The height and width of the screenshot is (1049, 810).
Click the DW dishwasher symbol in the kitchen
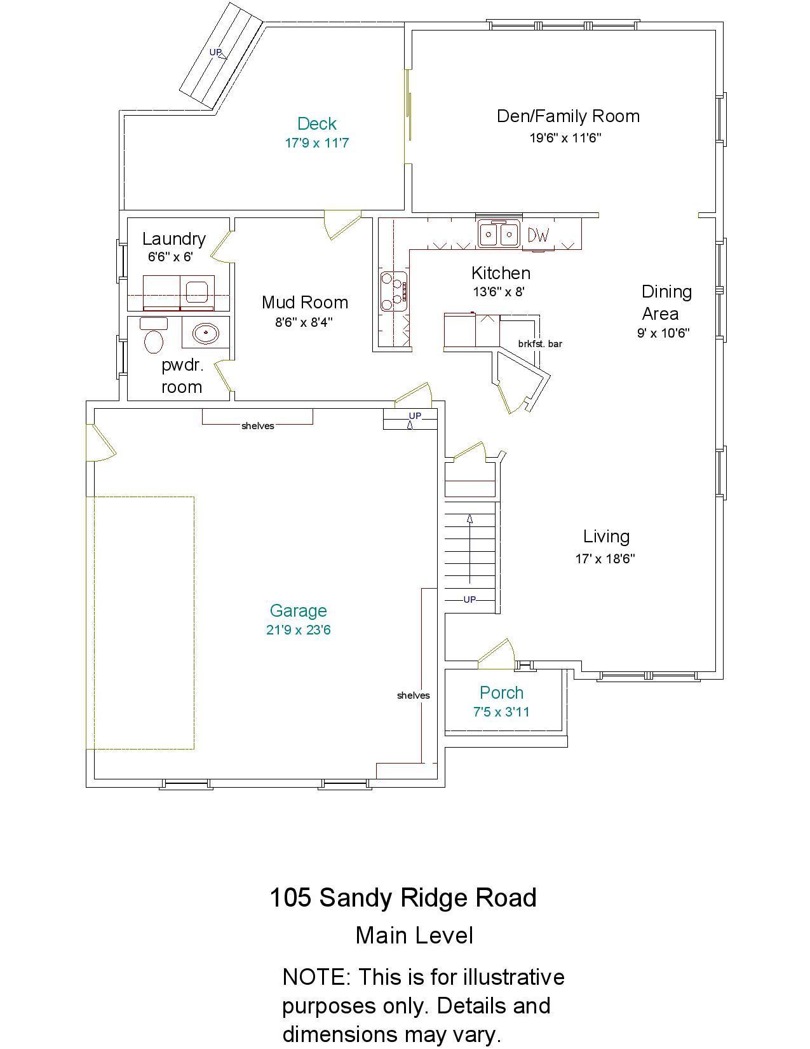pyautogui.click(x=538, y=235)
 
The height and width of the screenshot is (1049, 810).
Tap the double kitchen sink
pyautogui.click(x=499, y=234)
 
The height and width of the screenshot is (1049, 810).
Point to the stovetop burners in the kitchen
pyautogui.click(x=393, y=291)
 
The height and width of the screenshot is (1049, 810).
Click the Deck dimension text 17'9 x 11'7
pyautogui.click(x=316, y=143)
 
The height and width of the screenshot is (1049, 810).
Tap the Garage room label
pyautogui.click(x=298, y=610)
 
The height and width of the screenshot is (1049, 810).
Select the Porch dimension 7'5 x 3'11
pyautogui.click(x=501, y=712)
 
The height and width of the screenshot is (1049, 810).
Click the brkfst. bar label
pyautogui.click(x=540, y=344)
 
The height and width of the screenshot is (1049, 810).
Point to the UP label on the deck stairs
pyautogui.click(x=216, y=52)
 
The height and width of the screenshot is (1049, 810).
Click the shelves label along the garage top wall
pyautogui.click(x=257, y=426)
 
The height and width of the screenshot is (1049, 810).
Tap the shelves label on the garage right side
pyautogui.click(x=413, y=696)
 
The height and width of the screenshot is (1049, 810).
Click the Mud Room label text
pyautogui.click(x=305, y=302)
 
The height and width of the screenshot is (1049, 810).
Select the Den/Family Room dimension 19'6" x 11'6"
pyautogui.click(x=565, y=138)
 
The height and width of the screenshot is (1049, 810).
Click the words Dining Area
pyautogui.click(x=666, y=302)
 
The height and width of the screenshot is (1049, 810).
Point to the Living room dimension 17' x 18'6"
pyautogui.click(x=605, y=559)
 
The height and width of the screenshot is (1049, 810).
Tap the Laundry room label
pyautogui.click(x=173, y=238)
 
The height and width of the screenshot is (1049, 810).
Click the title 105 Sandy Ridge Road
pyautogui.click(x=403, y=898)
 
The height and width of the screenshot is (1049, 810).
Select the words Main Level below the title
pyautogui.click(x=414, y=935)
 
